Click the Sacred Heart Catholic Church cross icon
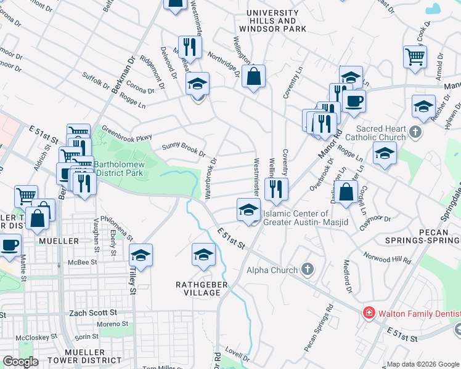click(415, 131)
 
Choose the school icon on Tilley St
click(141, 255)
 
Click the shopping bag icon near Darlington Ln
click(348, 192)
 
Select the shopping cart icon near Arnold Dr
click(415, 57)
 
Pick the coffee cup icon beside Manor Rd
click(354, 101)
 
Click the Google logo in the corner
click(20, 362)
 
